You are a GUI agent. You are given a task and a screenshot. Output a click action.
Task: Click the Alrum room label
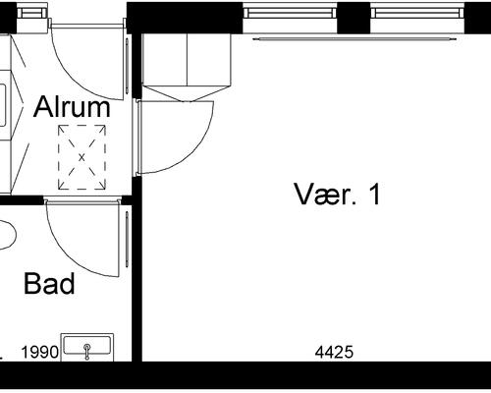coord(72,107)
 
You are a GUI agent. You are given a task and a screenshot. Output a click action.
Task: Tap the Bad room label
coord(49,284)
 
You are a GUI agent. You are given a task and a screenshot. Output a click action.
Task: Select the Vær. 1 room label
coord(338,195)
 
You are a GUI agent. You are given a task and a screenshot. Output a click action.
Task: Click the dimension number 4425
coord(334,353)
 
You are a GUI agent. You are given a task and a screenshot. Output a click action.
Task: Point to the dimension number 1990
coord(40,353)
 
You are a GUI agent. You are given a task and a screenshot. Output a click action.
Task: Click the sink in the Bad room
coord(87,347)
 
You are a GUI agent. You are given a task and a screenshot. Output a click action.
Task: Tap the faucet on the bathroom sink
coord(87,352)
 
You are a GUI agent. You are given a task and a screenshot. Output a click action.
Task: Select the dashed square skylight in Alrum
coord(82,157)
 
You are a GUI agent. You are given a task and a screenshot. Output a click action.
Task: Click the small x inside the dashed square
coord(82,157)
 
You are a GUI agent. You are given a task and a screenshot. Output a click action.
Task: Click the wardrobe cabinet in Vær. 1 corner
coord(187,67)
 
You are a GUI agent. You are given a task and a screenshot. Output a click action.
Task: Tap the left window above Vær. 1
coord(290,13)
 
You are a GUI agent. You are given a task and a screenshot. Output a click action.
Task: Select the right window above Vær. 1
coord(417,13)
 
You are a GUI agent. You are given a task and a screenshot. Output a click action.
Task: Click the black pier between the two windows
coord(354,18)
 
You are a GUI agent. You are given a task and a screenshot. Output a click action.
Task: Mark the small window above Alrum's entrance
coord(32,13)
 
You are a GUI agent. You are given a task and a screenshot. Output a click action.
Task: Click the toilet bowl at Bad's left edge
coord(7,235)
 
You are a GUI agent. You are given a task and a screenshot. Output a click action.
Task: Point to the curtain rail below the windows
coord(355,39)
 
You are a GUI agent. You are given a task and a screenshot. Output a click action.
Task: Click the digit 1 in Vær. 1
coord(375,195)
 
